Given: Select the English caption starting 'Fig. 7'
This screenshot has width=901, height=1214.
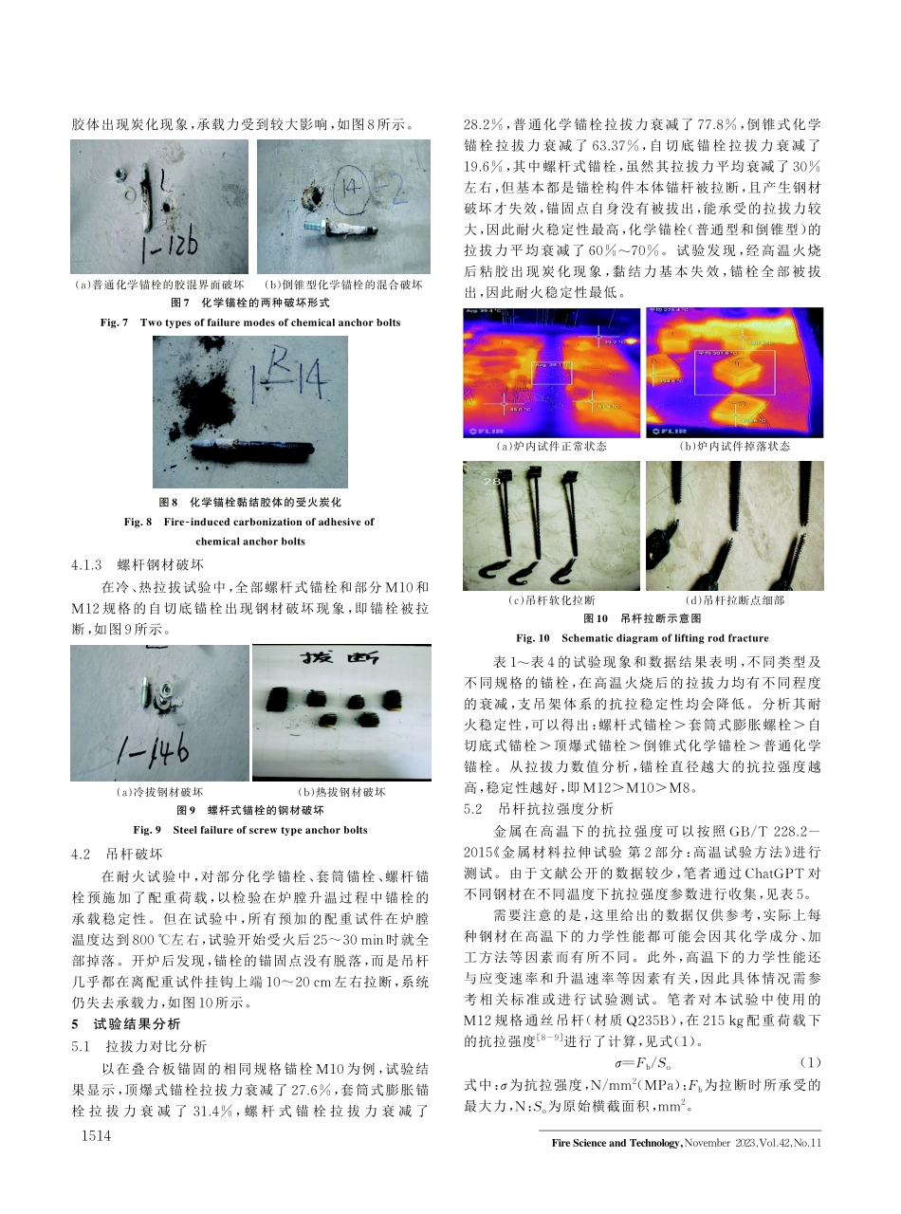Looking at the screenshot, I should coord(250,322).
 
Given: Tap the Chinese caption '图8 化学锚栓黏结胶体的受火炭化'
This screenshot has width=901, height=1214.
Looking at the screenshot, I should coord(250,501).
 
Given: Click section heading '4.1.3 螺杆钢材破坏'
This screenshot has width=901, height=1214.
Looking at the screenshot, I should coord(138,564).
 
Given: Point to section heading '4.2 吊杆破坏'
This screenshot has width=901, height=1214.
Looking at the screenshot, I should coord(119,852).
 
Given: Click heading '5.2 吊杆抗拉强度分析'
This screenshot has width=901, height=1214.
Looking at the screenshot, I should coord(538,809).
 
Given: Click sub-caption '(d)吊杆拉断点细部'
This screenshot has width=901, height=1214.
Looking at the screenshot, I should coord(734,599).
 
